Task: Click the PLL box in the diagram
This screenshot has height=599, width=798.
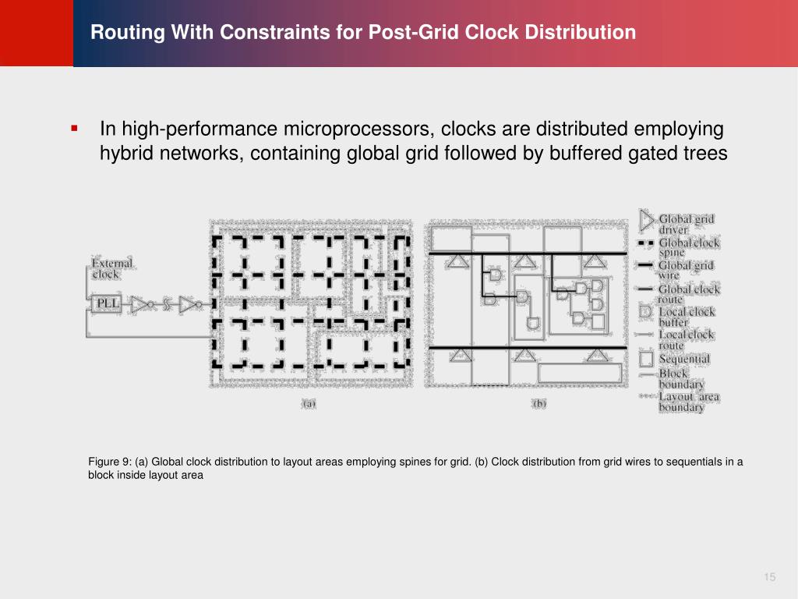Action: pyautogui.click(x=105, y=303)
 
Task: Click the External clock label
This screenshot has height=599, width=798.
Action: pyautogui.click(x=111, y=268)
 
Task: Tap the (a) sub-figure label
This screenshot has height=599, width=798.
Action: pyautogui.click(x=309, y=403)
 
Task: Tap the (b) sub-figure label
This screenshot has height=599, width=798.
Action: pyautogui.click(x=539, y=403)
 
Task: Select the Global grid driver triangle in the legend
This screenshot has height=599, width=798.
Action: pyautogui.click(x=647, y=220)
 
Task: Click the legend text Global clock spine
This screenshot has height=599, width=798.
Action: pyautogui.click(x=689, y=247)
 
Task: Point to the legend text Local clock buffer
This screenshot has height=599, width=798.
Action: pyautogui.click(x=686, y=317)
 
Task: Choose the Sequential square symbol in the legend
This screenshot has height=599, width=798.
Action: pyautogui.click(x=647, y=359)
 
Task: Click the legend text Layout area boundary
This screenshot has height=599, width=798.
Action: pyautogui.click(x=688, y=402)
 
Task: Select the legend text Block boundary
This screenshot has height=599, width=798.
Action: pyautogui.click(x=680, y=378)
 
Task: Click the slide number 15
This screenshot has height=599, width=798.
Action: pyautogui.click(x=770, y=577)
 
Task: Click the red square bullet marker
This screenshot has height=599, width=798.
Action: pyautogui.click(x=74, y=127)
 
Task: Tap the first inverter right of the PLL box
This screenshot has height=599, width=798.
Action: pyautogui.click(x=141, y=303)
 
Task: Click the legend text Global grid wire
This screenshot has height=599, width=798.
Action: pyautogui.click(x=686, y=270)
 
